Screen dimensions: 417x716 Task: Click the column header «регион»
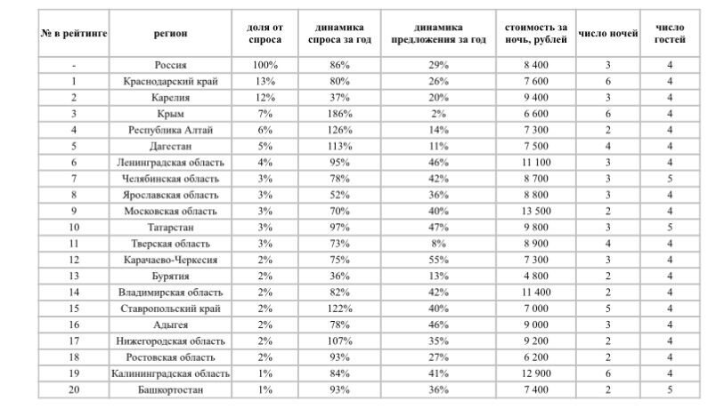click(170, 34)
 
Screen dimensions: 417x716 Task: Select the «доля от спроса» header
click(264, 34)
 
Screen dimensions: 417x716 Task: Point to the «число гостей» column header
click(670, 34)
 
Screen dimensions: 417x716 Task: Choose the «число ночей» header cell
click(608, 34)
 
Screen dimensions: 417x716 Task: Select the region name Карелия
click(170, 98)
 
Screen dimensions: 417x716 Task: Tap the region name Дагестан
click(170, 147)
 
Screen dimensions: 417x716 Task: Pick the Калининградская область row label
click(170, 373)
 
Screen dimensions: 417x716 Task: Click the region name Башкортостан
click(170, 389)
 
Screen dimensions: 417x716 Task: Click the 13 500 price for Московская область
click(533, 211)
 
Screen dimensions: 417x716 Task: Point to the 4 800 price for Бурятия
click(533, 276)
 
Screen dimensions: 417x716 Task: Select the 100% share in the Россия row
click(264, 66)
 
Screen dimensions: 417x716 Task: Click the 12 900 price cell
click(533, 373)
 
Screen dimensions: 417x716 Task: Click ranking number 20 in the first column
click(74, 389)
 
